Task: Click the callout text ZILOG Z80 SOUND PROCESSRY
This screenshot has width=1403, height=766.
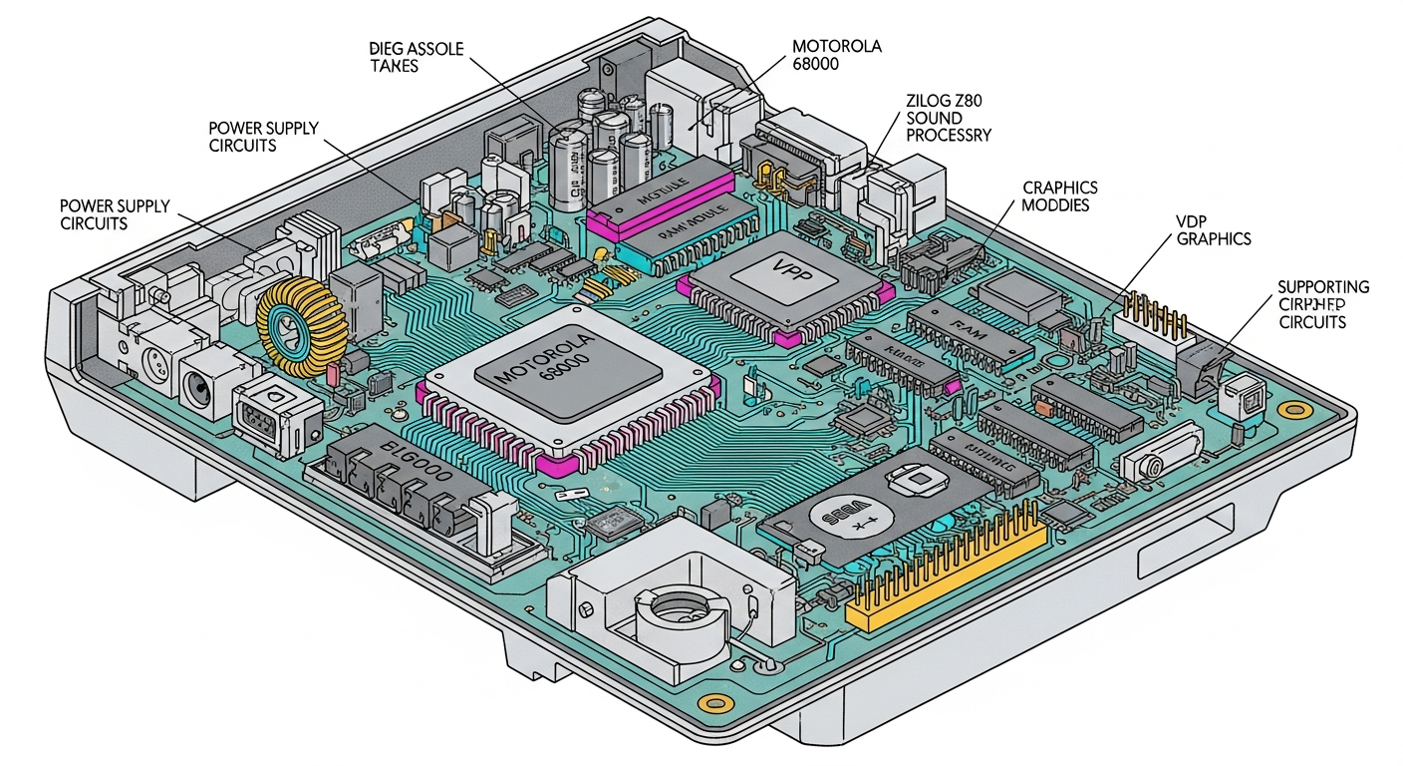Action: point(949,118)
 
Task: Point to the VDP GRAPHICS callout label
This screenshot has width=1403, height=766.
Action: point(1214,230)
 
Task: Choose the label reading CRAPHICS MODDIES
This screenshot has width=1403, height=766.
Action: point(1060,195)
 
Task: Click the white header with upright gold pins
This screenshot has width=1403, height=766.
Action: point(1156,318)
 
